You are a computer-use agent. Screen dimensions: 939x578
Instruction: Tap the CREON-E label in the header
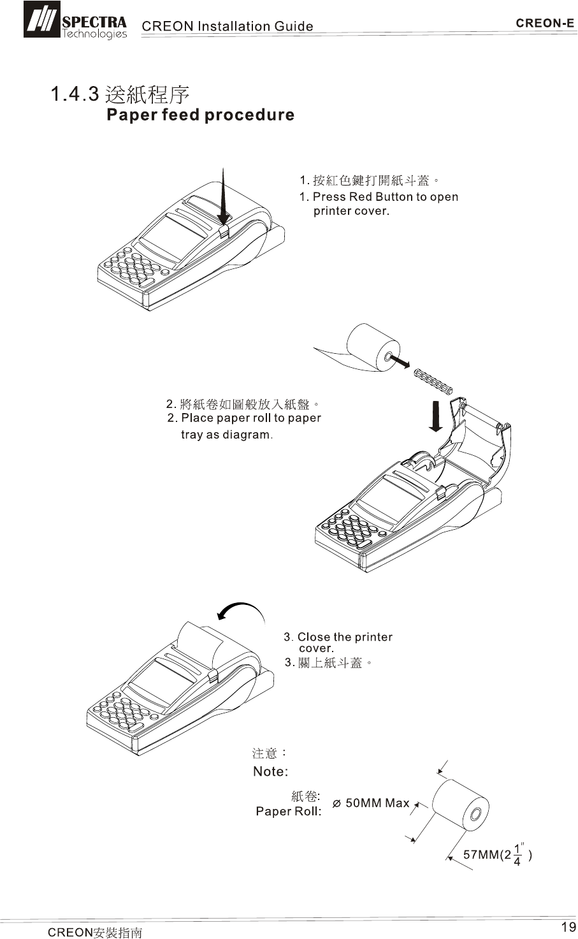click(x=545, y=24)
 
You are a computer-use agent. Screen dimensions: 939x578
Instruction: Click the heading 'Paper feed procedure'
click(x=200, y=115)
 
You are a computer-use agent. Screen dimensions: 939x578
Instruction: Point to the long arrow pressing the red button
click(x=223, y=198)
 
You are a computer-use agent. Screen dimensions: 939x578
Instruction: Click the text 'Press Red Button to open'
click(x=385, y=197)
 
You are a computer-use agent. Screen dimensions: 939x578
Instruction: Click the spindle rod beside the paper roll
click(x=433, y=381)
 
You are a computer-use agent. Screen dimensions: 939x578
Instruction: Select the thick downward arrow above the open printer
click(x=435, y=415)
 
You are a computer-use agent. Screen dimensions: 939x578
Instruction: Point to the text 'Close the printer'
click(x=345, y=637)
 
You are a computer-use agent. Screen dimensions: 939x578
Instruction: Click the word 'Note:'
click(x=270, y=772)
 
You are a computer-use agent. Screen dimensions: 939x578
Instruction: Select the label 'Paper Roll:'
click(x=288, y=812)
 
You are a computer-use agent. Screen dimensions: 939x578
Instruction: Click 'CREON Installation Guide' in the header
click(x=227, y=26)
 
